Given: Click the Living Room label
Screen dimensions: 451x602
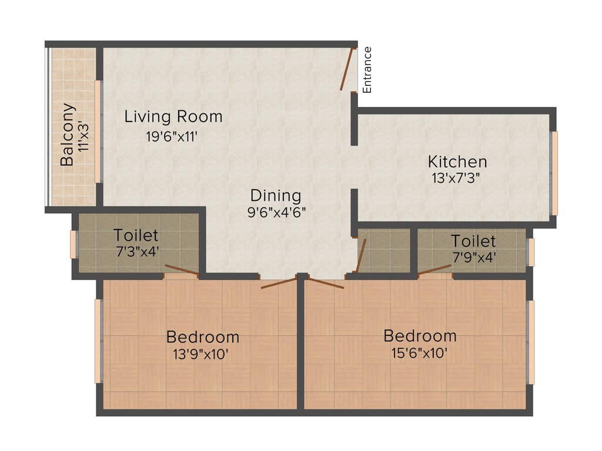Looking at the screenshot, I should click(x=173, y=116).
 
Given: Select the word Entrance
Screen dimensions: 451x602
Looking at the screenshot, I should click(x=367, y=69).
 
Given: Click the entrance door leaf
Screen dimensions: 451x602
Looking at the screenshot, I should click(x=348, y=69).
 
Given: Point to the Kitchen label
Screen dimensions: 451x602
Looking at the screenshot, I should click(x=457, y=161).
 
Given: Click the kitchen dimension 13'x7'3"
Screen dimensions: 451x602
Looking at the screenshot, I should click(x=456, y=178).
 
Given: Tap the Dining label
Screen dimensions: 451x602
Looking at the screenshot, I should click(x=275, y=196).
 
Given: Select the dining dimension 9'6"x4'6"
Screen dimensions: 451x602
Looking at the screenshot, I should click(x=276, y=212).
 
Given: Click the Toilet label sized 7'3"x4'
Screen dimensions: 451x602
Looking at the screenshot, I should click(x=136, y=235).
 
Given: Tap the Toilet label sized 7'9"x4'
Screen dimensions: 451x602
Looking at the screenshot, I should click(x=473, y=241).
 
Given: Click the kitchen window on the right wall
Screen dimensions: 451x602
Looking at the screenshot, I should click(x=554, y=173).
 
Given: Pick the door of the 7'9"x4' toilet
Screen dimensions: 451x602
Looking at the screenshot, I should click(x=435, y=270).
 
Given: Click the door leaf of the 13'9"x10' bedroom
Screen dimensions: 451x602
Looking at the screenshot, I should click(x=279, y=282).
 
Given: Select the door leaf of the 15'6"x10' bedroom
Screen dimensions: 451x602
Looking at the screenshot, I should click(x=325, y=282).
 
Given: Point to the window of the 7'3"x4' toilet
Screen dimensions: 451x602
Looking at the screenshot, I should click(x=73, y=244).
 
